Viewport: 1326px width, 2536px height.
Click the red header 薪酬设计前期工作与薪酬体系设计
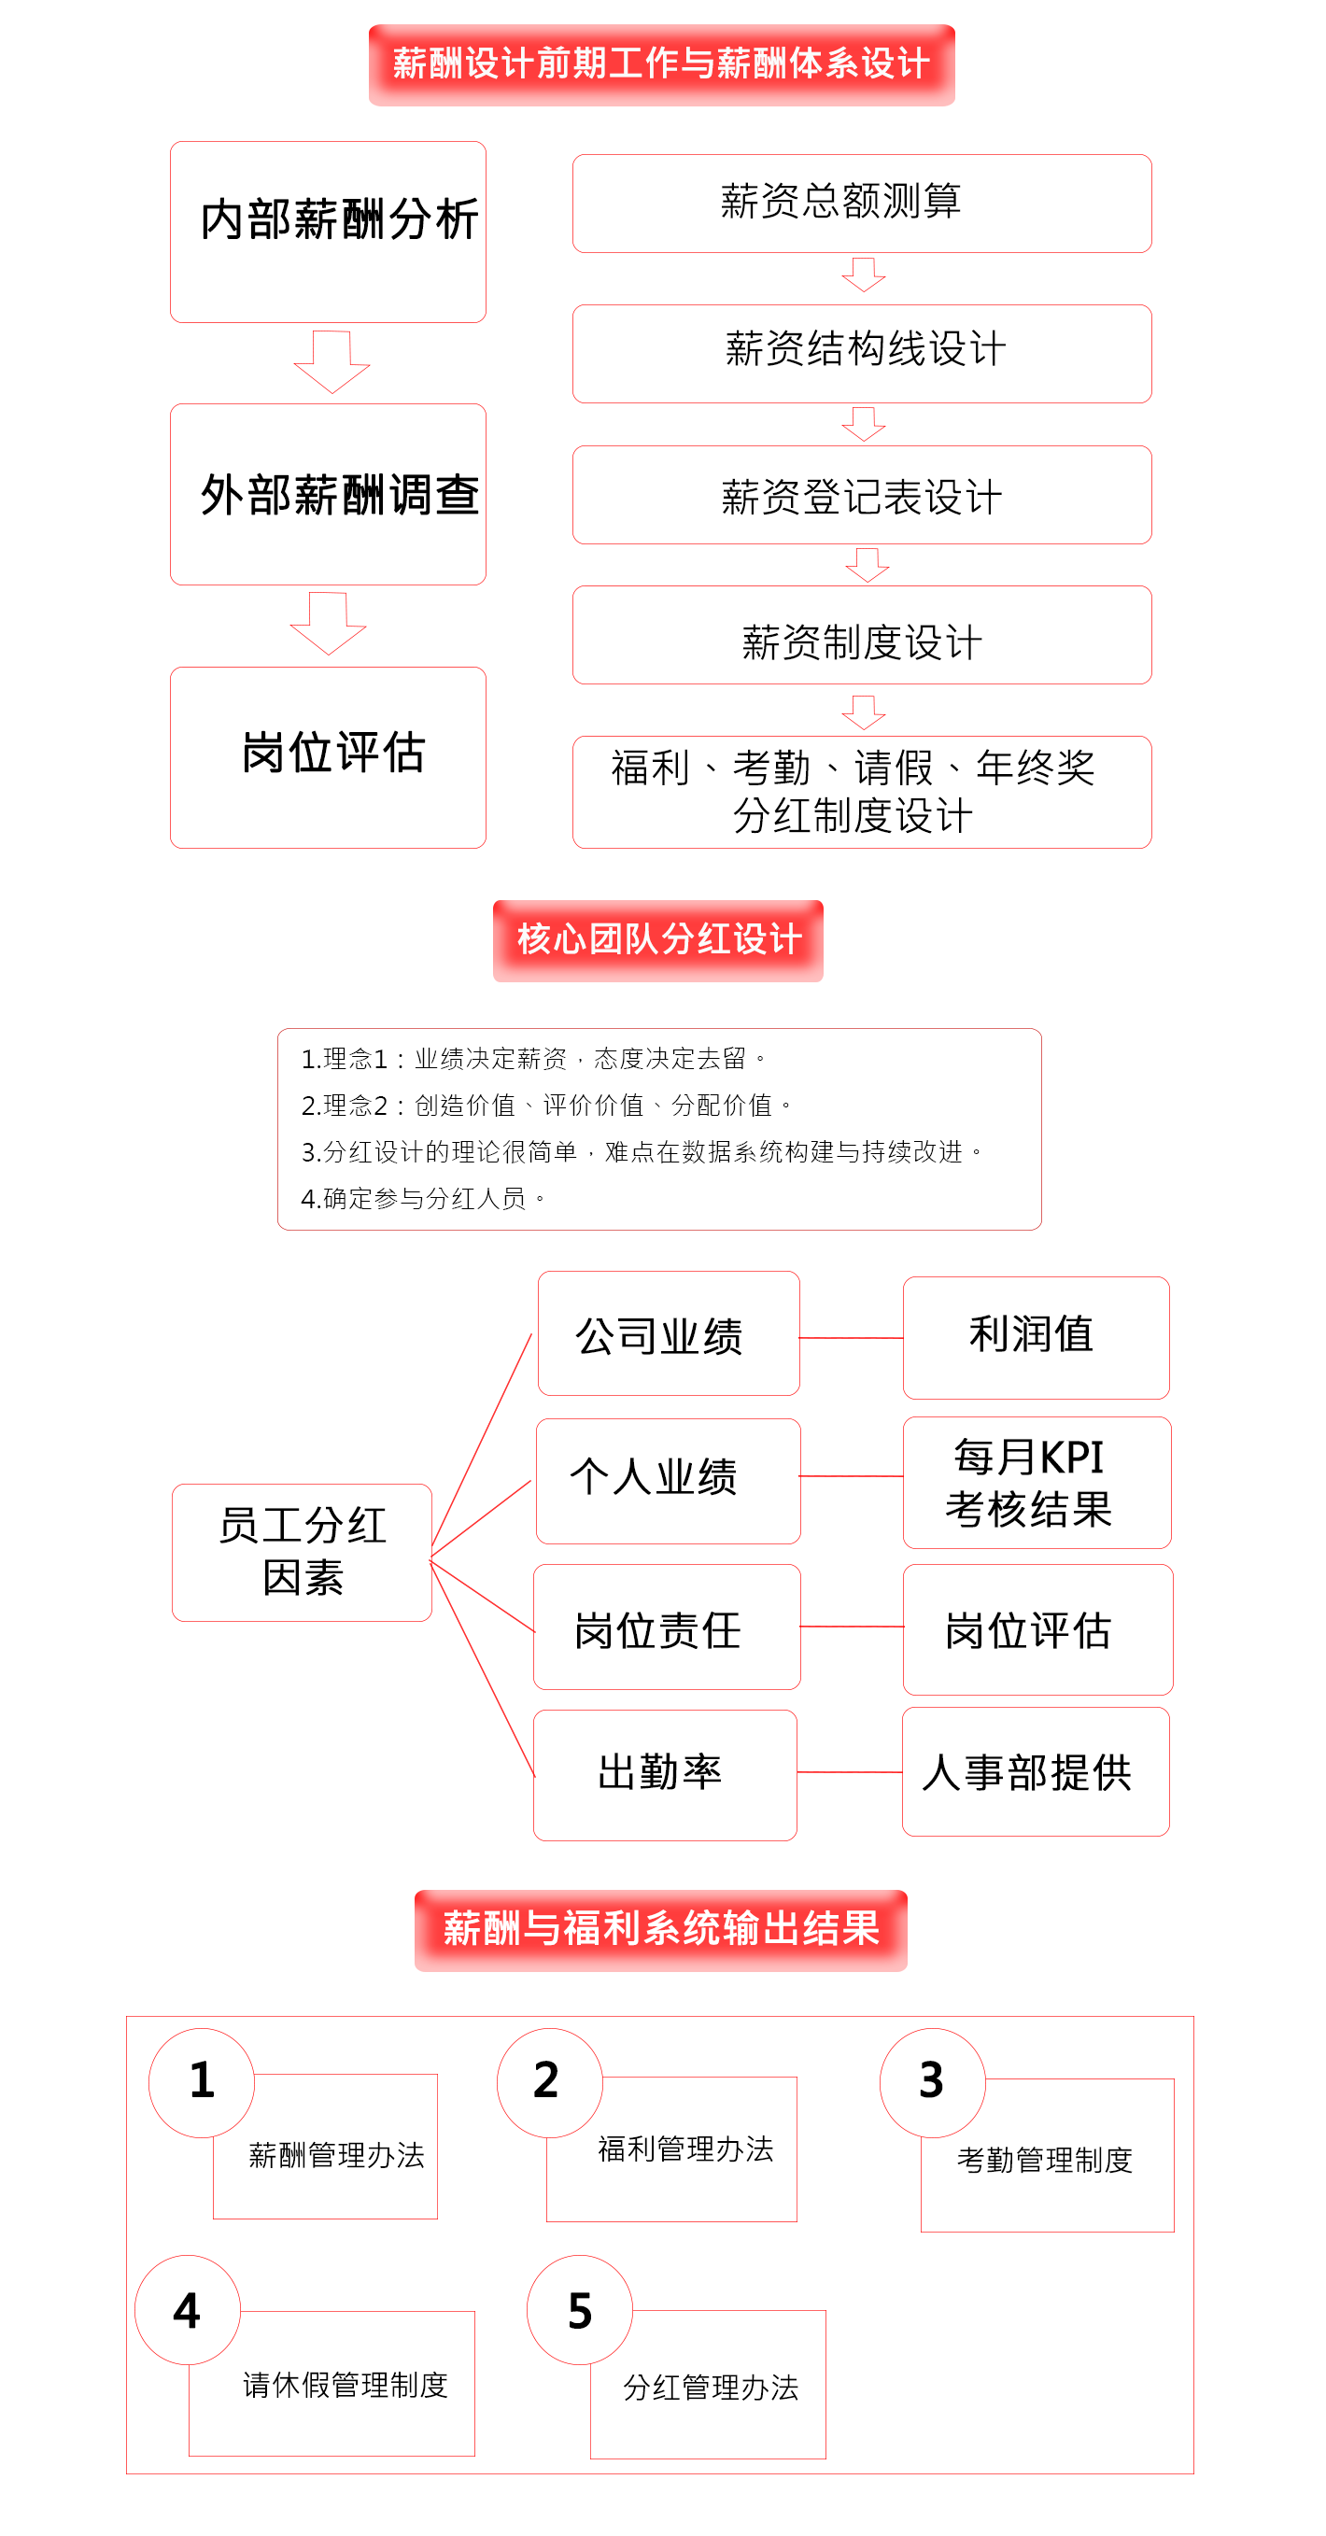660,65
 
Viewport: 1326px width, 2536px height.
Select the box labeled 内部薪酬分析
328,232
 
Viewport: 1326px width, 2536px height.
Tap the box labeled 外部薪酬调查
328,494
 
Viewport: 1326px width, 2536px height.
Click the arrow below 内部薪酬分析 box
331,360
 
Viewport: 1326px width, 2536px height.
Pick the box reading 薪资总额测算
861,203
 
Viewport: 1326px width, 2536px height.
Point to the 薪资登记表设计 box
861,494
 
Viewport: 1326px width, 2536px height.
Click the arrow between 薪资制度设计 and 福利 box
864,711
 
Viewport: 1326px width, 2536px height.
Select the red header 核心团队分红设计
657,939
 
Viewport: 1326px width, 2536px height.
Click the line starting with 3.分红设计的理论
641,1152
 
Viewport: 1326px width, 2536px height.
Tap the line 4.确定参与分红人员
422,1198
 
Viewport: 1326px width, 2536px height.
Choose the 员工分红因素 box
302,1552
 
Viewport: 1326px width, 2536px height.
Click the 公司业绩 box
669,1333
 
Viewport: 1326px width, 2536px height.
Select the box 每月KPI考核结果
1037,1482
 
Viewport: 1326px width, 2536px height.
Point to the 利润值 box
1036,1337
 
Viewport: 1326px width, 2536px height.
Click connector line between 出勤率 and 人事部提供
849,1772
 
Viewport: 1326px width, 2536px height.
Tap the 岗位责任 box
667,1627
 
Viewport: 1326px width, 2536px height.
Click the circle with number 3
931,2081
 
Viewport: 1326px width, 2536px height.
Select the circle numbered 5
579,2310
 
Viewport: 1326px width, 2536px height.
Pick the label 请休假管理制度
345,2385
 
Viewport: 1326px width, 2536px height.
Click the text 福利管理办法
685,2149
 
